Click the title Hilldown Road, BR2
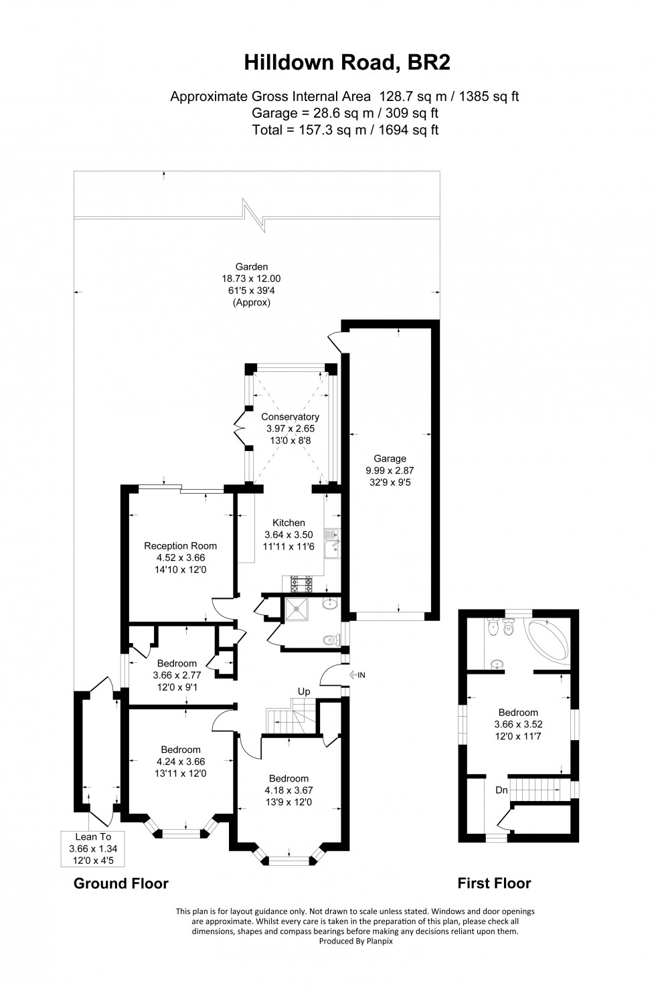click(x=347, y=63)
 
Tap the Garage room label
click(x=390, y=458)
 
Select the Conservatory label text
click(x=290, y=417)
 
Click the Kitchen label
click(x=289, y=523)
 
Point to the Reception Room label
click(x=181, y=545)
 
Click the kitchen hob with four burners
click(x=302, y=584)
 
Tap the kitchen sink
click(x=332, y=542)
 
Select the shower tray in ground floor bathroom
click(x=295, y=610)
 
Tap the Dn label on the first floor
click(x=501, y=790)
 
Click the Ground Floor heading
click(x=120, y=883)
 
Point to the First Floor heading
click(x=494, y=883)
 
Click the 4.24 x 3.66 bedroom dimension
click(x=181, y=761)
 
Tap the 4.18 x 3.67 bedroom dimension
click(x=289, y=790)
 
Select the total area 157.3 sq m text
click(x=345, y=130)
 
